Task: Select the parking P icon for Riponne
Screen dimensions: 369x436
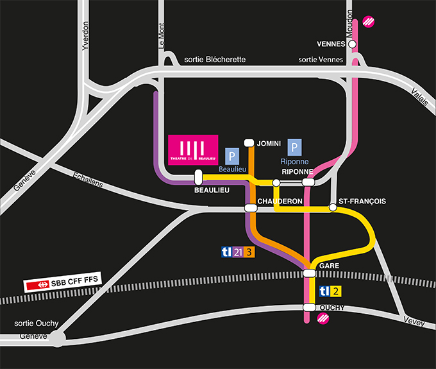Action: (295, 147)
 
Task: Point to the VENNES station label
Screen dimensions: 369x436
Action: (331, 44)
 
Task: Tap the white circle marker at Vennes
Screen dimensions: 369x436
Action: (352, 44)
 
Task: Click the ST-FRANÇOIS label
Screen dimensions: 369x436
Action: (362, 201)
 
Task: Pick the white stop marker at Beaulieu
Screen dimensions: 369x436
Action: (198, 176)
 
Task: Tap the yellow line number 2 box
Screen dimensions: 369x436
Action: (335, 291)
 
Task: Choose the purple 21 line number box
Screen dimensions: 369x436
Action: (239, 252)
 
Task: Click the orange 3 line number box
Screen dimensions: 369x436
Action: (249, 252)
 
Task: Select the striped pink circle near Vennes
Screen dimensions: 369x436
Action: (369, 21)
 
